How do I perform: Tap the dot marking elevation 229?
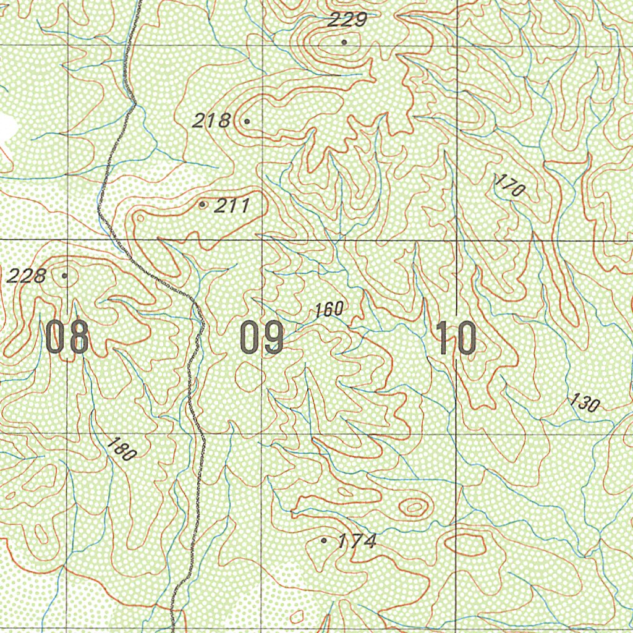344,42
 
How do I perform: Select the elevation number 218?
211,121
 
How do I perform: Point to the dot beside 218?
247,121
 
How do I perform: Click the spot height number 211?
232,205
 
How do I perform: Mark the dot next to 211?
203,205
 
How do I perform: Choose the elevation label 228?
26,276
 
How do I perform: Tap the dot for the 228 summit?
64,275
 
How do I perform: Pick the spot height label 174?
357,542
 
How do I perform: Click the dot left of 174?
324,540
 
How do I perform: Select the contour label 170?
510,185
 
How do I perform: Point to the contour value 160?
328,310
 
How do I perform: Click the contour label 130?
585,403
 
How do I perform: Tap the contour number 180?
121,449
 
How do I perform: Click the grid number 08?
67,339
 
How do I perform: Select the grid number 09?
262,339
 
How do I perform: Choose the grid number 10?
457,339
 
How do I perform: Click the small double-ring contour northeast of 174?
414,508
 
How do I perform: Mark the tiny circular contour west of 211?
140,218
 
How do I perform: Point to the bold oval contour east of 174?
467,545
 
